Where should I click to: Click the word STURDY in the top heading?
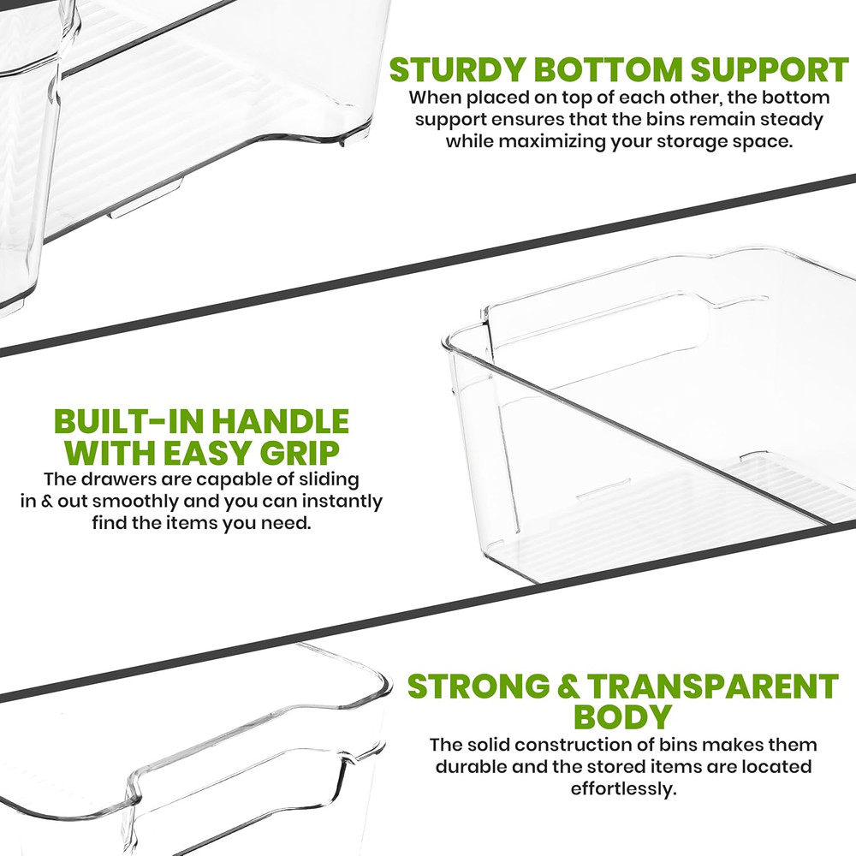[456, 69]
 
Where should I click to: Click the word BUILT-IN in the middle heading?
[128, 421]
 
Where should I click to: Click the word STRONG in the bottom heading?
[479, 686]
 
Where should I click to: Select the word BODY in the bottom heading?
[622, 716]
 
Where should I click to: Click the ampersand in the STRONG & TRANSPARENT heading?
[568, 687]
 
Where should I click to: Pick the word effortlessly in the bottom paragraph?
[623, 788]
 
